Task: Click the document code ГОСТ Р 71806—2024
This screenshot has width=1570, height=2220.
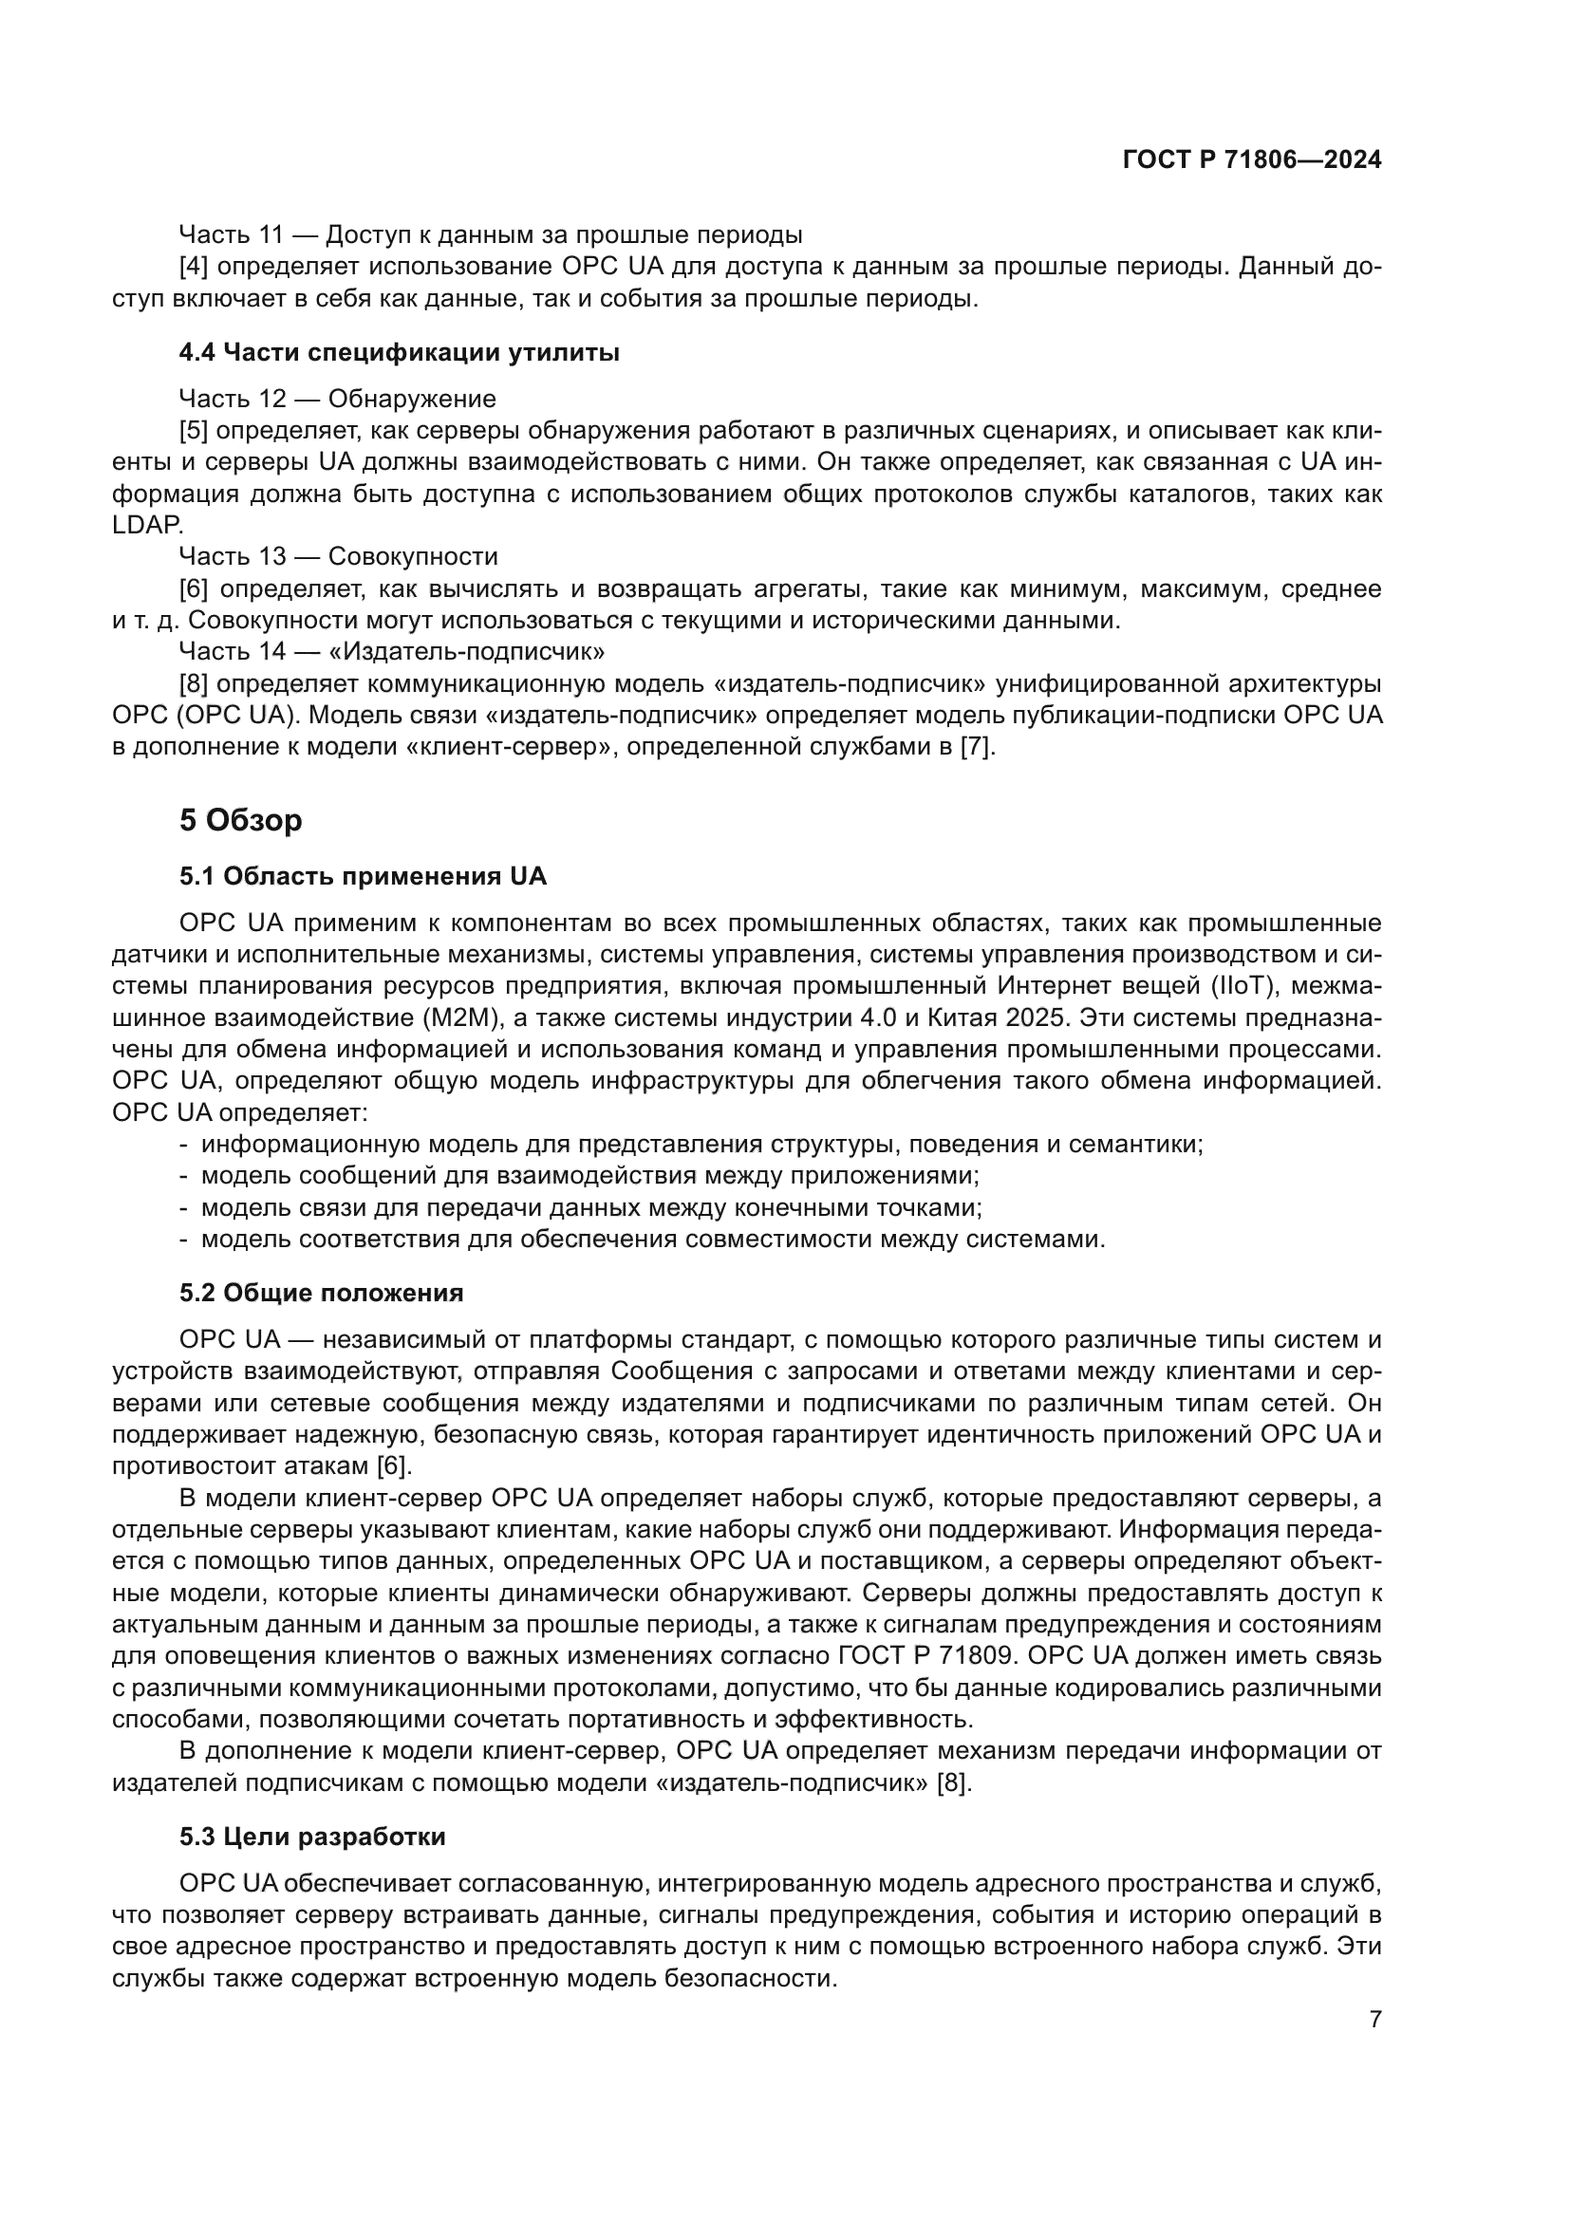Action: [x=1252, y=160]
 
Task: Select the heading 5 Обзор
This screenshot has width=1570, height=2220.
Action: [x=241, y=820]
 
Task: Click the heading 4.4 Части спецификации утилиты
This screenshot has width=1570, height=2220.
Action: [x=399, y=353]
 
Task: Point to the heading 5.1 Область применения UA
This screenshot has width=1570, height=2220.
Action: [x=363, y=876]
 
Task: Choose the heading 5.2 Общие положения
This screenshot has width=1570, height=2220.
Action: [x=321, y=1293]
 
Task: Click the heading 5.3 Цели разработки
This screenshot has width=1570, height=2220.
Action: [x=312, y=1837]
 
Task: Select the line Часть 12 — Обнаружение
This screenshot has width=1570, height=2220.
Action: [x=337, y=399]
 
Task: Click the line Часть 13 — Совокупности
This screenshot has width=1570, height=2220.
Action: [x=338, y=556]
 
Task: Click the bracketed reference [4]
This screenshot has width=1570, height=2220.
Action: [x=194, y=266]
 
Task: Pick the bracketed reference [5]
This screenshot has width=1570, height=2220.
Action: [x=194, y=430]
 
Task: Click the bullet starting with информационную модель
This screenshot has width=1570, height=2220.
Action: [x=701, y=1145]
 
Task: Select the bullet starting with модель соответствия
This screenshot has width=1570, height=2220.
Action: [x=652, y=1239]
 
